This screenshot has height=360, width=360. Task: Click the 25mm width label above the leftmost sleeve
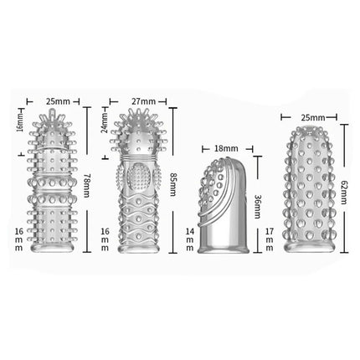[x=58, y=101]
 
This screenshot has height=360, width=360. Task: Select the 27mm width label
[x=144, y=101]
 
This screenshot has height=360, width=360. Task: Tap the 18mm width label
[x=226, y=148]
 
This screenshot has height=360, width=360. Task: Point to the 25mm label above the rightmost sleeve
[x=313, y=118]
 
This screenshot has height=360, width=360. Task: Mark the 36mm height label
[x=257, y=207]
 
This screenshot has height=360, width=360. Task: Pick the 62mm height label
[x=344, y=192]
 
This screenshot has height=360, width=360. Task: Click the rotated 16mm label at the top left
[x=20, y=121]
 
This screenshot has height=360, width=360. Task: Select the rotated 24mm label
[x=105, y=123]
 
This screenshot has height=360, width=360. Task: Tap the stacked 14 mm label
[x=190, y=239]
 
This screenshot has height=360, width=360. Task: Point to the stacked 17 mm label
[x=270, y=239]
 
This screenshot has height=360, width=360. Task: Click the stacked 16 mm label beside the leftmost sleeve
[x=18, y=239]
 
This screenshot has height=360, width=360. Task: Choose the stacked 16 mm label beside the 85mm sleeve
[x=105, y=239]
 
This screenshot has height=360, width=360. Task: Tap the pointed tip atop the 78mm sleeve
[x=52, y=113]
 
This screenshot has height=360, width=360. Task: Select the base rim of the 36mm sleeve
[x=223, y=249]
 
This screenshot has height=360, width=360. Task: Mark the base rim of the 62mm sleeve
[x=309, y=246]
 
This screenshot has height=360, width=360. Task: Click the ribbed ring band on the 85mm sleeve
[x=139, y=159]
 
